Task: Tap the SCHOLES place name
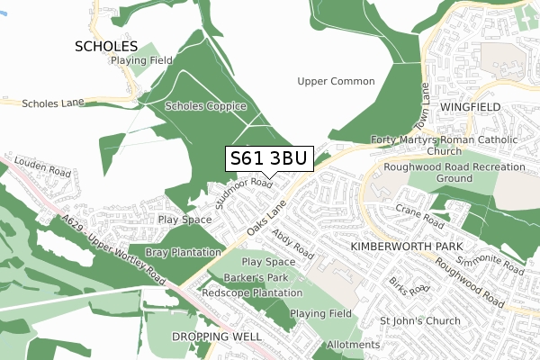pyautogui.click(x=106, y=45)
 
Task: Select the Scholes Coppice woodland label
pyautogui.click(x=205, y=106)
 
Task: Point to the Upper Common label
pyautogui.click(x=335, y=82)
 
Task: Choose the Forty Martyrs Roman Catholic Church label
pyautogui.click(x=444, y=146)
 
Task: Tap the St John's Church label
pyautogui.click(x=419, y=320)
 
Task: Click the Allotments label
pyautogui.click(x=354, y=345)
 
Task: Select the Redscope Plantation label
pyautogui.click(x=252, y=293)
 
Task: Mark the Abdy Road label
pyautogui.click(x=292, y=243)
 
